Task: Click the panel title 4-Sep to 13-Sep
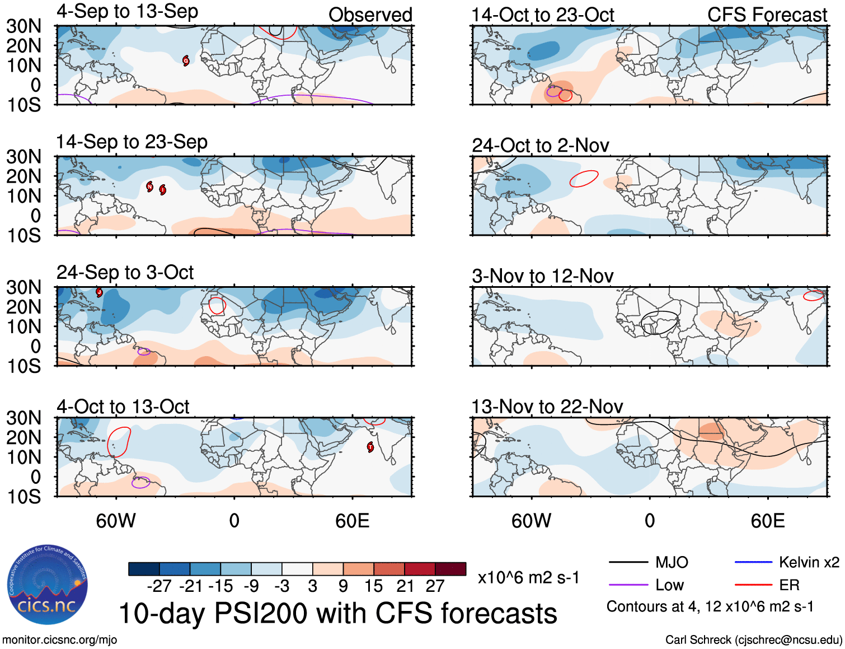(127, 12)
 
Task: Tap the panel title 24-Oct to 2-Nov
(540, 146)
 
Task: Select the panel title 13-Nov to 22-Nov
(547, 407)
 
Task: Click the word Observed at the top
(370, 15)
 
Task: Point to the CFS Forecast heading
(767, 15)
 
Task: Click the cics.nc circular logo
(48, 585)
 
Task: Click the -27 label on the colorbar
(159, 586)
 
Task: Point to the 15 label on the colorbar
(373, 586)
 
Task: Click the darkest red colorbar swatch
(450, 569)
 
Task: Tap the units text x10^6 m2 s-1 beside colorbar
(528, 578)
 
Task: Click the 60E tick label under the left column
(352, 521)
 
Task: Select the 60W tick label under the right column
(531, 521)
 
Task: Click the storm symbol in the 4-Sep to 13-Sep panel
(186, 60)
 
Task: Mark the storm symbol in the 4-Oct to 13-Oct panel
(370, 446)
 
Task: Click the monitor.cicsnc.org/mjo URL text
(60, 639)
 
